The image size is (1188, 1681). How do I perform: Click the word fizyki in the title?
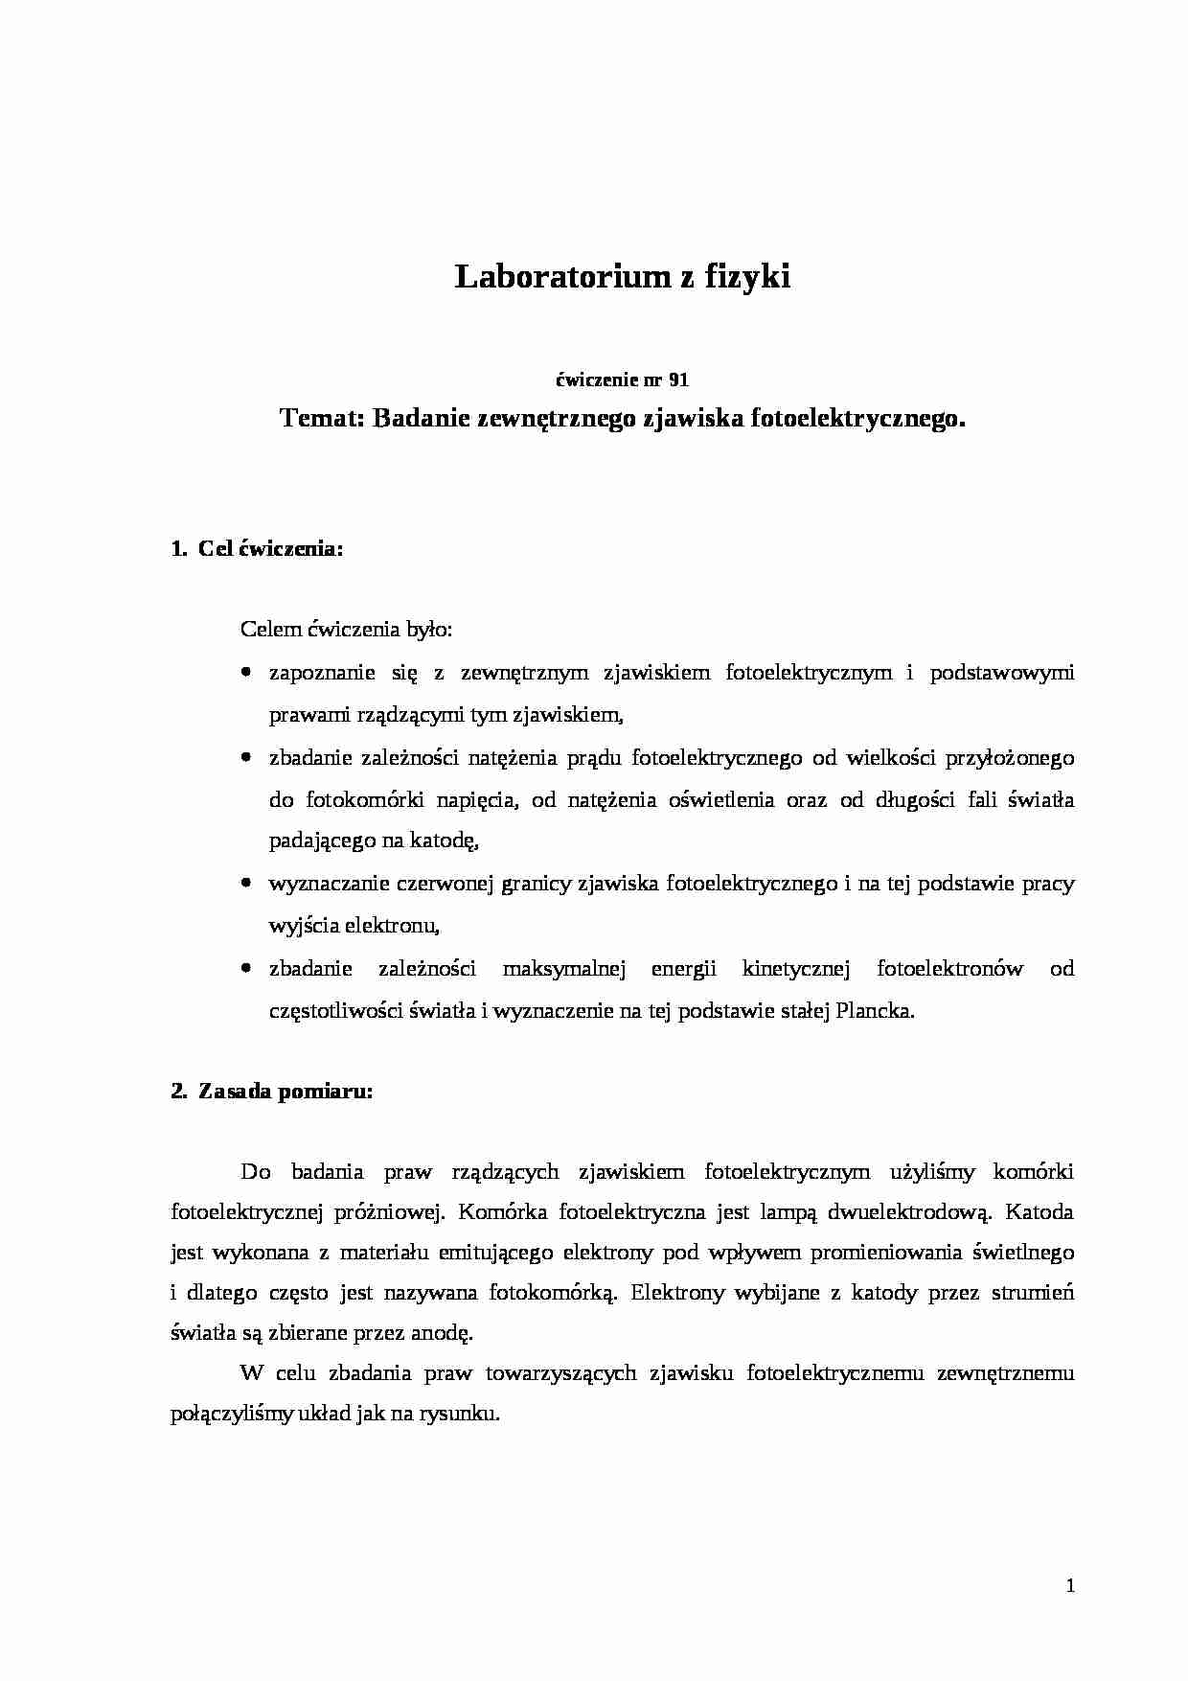747,277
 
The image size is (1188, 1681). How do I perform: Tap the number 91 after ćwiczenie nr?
678,380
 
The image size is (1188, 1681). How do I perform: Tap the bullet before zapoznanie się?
247,673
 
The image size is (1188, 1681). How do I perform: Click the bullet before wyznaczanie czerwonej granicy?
247,884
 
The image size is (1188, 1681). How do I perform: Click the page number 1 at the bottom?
1070,1586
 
